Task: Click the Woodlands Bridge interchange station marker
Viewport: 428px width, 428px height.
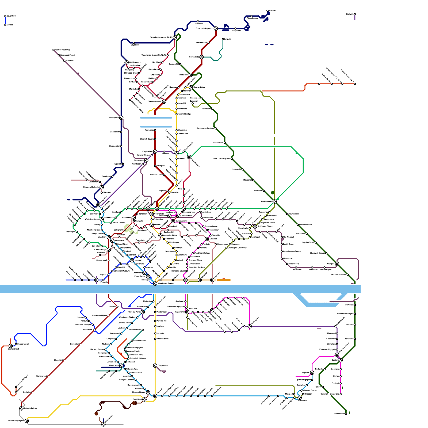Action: (155, 284)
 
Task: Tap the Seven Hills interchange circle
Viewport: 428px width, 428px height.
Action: (201, 57)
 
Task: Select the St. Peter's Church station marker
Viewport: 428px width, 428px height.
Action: (255, 226)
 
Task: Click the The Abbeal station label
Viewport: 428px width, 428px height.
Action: (288, 237)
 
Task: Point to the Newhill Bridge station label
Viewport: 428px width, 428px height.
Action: (184, 114)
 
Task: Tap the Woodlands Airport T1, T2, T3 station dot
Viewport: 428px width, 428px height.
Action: (167, 55)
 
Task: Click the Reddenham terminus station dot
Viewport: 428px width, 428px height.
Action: (346, 414)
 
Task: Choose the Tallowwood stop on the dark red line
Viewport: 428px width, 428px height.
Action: (48, 376)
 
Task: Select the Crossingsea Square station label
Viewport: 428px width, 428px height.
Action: (292, 251)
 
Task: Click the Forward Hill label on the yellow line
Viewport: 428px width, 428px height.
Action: (161, 321)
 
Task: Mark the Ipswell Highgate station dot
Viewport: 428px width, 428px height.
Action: (312, 380)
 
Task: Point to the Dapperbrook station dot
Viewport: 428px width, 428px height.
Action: (16, 344)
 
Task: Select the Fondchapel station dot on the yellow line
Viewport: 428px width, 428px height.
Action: (155, 312)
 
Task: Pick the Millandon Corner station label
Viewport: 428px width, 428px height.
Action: (310, 390)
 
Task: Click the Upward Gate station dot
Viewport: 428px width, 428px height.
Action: (153, 82)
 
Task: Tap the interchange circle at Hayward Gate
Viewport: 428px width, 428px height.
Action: (191, 87)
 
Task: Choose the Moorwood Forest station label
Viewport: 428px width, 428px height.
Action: (67, 55)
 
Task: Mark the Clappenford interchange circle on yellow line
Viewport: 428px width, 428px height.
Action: (155, 366)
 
